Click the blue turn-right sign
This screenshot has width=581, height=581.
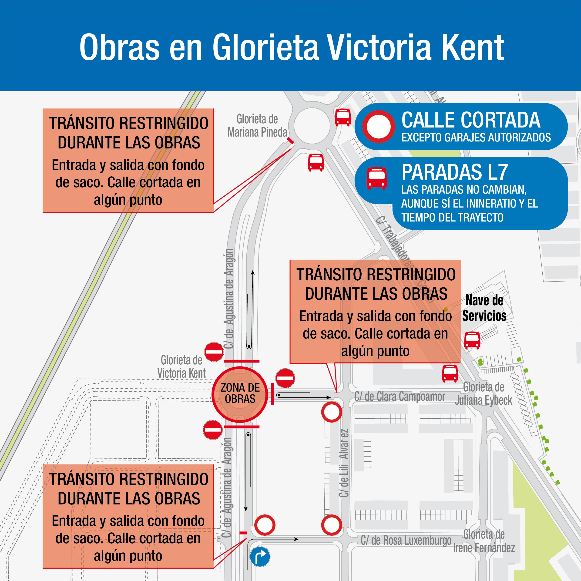260,556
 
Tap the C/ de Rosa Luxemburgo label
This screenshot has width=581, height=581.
406,541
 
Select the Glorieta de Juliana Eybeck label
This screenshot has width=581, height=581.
484,394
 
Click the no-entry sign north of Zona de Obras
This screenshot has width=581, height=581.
214,352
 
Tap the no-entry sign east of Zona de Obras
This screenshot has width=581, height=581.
285,378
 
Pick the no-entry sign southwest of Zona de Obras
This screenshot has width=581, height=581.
213,430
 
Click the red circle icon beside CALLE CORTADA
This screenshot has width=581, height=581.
378,127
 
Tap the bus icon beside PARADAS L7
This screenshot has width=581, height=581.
376,178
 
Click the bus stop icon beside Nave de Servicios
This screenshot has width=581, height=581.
472,340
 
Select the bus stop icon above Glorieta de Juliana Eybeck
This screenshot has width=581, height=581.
450,373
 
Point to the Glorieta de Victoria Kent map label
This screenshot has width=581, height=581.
182,366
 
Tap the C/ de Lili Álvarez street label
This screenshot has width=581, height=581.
344,463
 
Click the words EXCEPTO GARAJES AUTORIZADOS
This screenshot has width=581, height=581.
476,138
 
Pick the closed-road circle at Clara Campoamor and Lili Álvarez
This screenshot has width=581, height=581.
331,412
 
